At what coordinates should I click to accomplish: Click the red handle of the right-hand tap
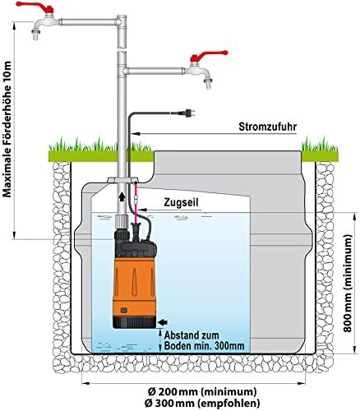pos(199,59)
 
